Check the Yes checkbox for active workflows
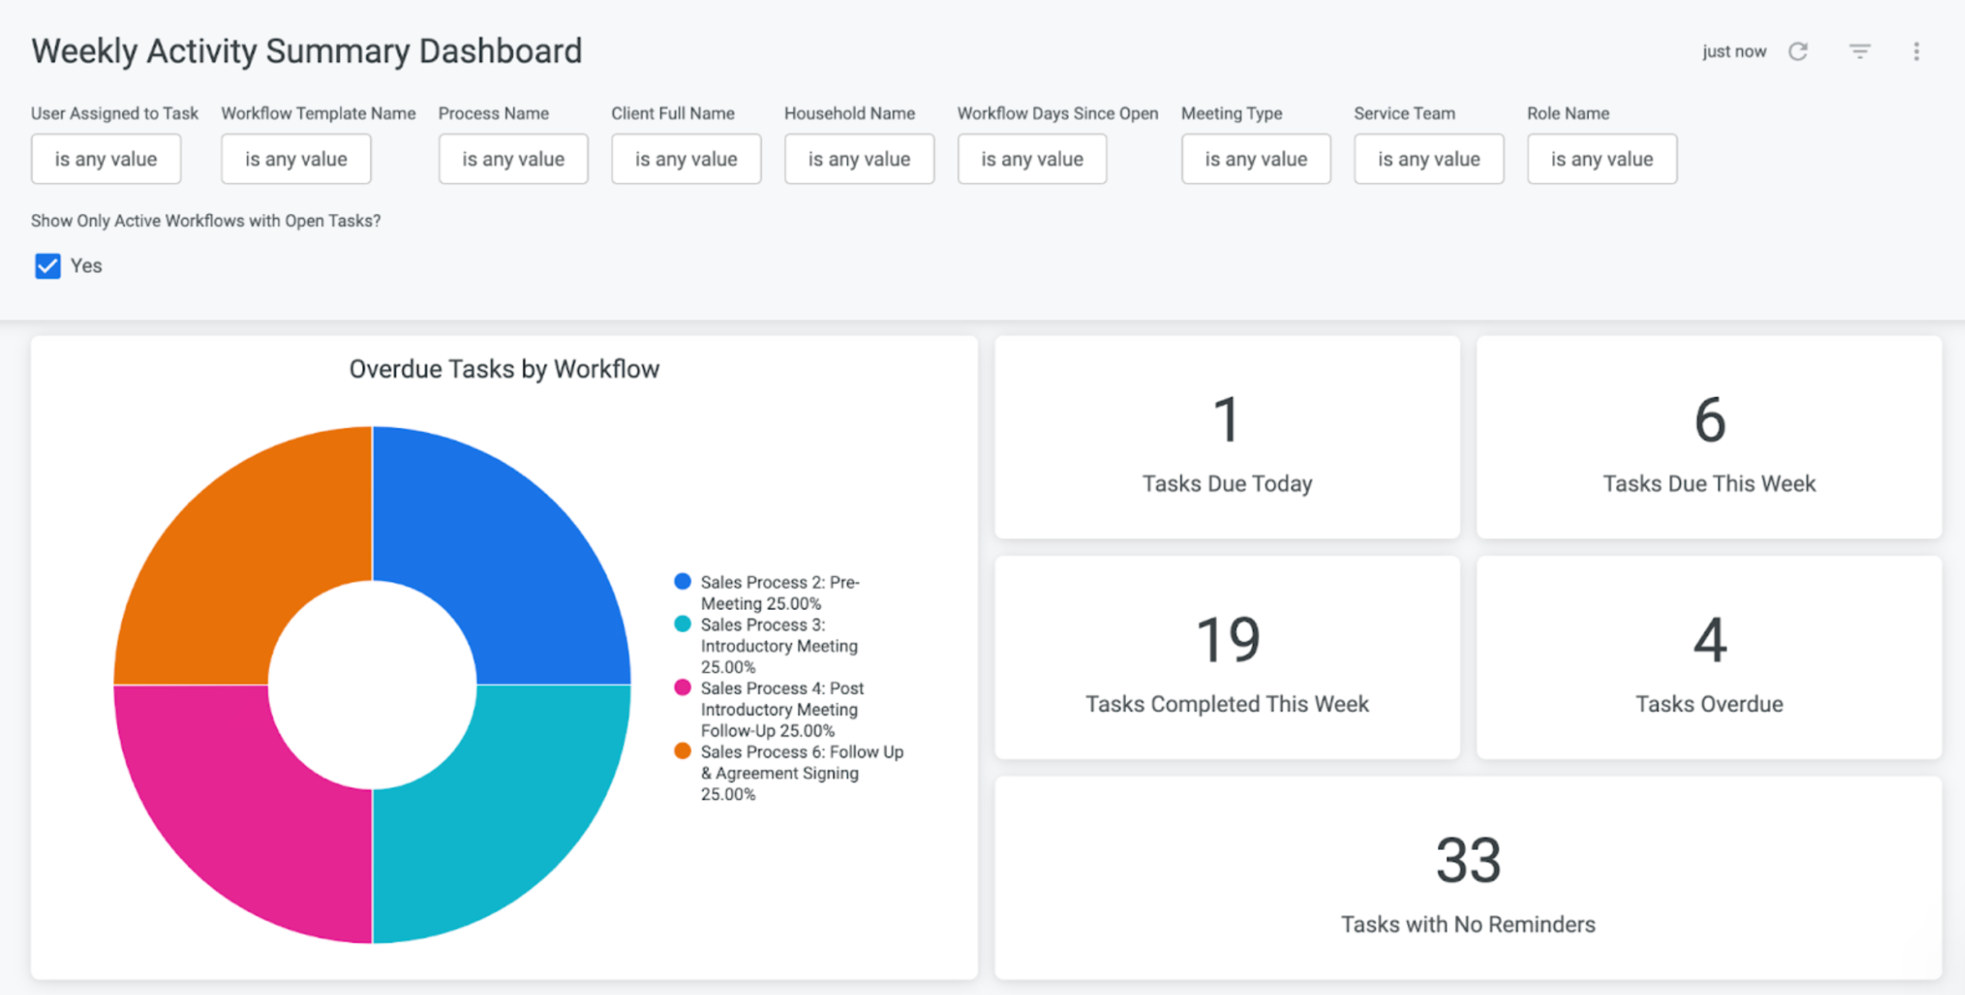[x=48, y=266]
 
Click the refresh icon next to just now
[x=1798, y=52]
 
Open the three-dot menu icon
[x=1916, y=52]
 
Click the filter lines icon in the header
[x=1859, y=52]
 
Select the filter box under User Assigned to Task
[x=106, y=159]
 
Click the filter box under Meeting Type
[x=1255, y=159]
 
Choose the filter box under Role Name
[x=1602, y=159]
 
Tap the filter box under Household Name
[x=859, y=159]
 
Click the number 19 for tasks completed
[x=1228, y=639]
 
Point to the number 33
[x=1468, y=861]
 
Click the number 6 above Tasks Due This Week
[x=1710, y=420]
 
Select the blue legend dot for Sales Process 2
[x=682, y=581]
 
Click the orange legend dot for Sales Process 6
[x=682, y=751]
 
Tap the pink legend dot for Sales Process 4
[x=682, y=687]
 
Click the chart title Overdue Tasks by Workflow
[x=504, y=370]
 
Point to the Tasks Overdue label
[x=1709, y=704]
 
